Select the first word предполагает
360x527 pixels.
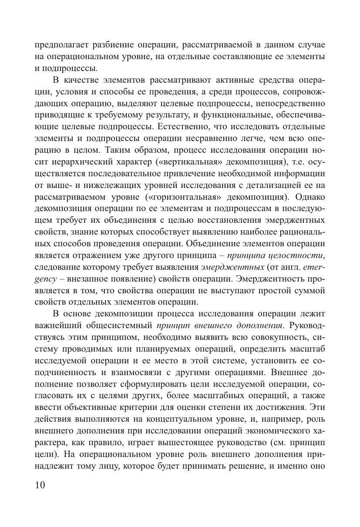[x=62, y=45]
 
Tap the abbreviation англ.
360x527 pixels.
[x=278, y=267]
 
